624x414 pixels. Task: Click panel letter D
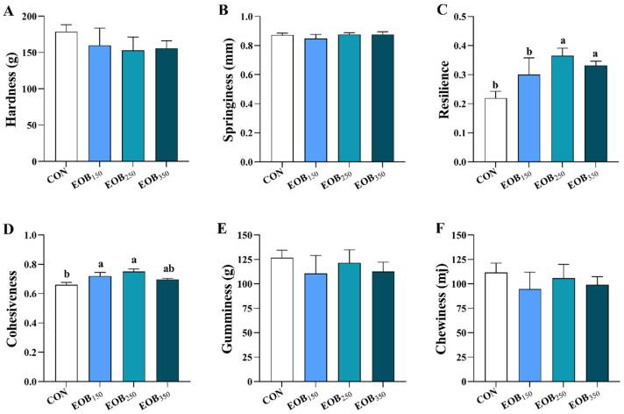point(11,230)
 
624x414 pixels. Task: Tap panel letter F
point(438,230)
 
